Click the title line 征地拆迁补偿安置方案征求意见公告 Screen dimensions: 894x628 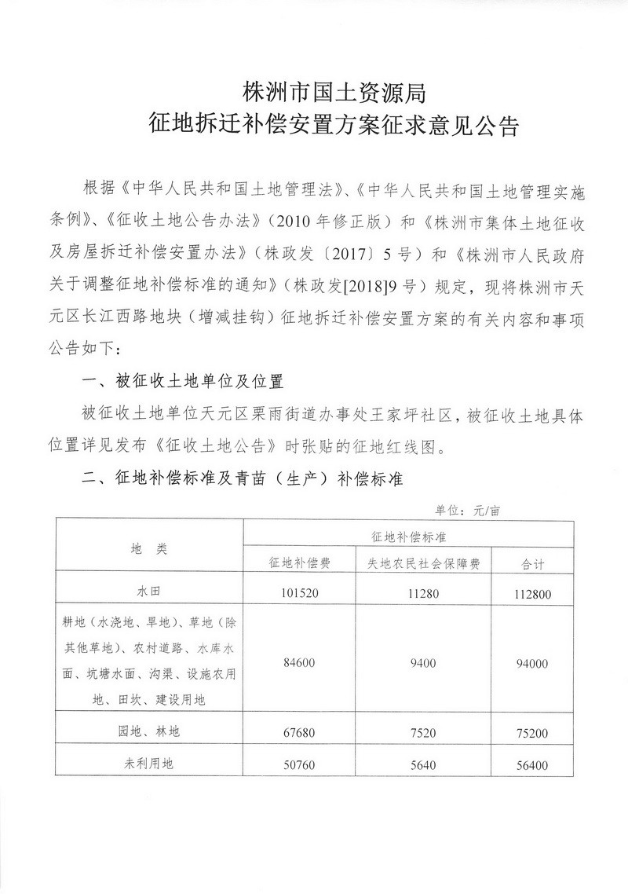[x=334, y=126]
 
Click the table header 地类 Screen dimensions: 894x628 [x=150, y=549]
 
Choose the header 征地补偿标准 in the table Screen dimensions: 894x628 [x=407, y=536]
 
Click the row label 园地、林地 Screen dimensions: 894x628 [x=150, y=731]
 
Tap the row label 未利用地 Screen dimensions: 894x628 [x=150, y=764]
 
